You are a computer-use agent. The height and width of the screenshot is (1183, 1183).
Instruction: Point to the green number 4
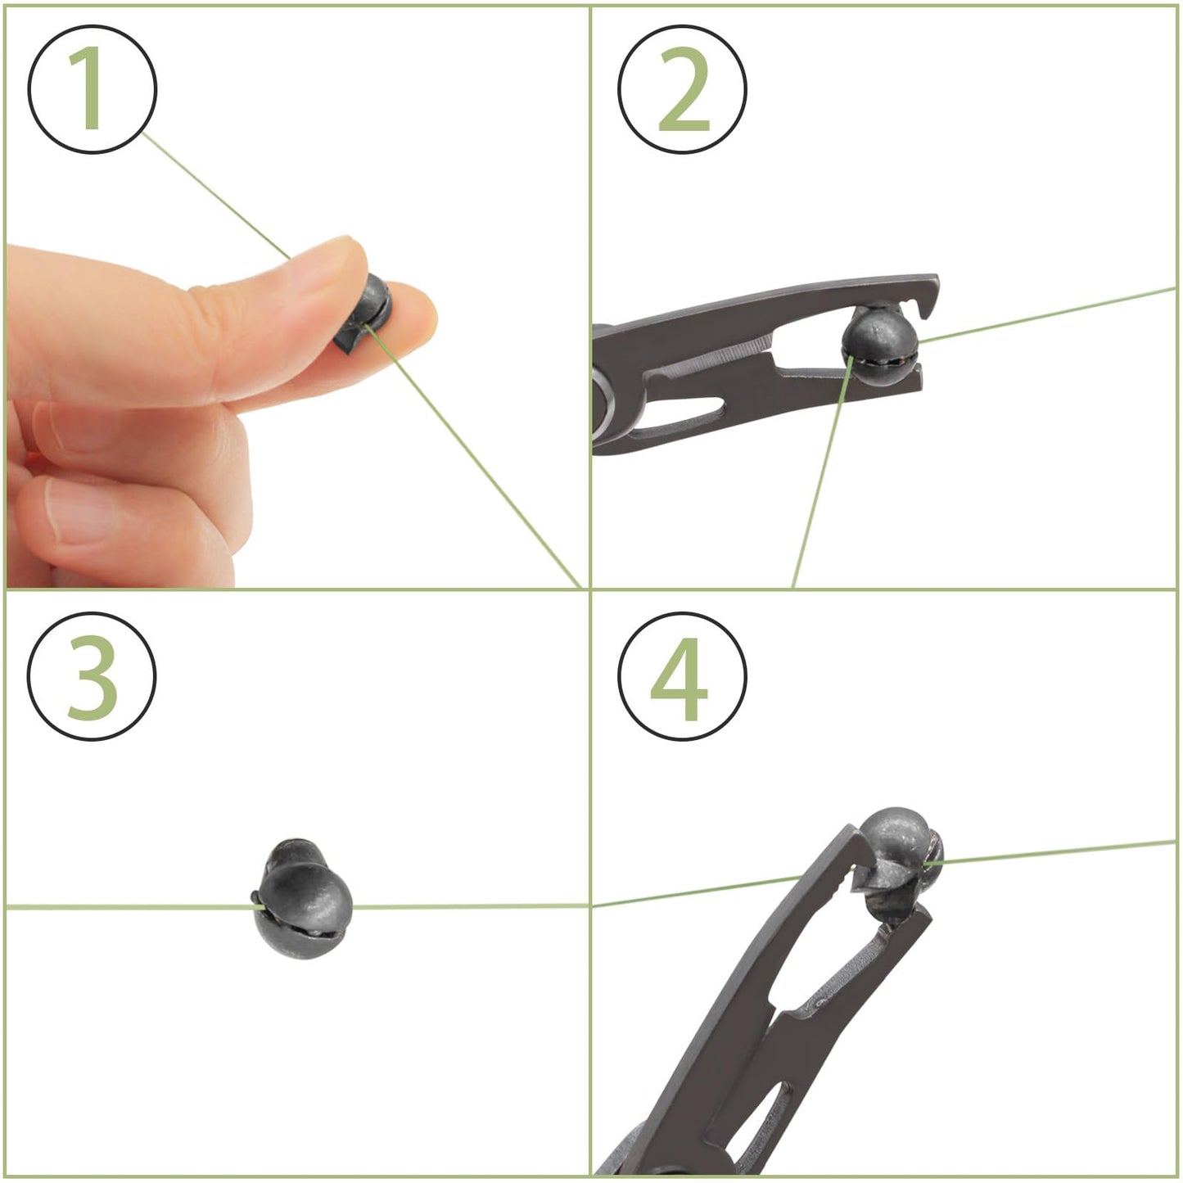(679, 679)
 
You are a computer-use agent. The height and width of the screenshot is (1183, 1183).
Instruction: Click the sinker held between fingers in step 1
(364, 314)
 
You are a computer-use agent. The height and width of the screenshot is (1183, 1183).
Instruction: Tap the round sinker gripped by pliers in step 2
(881, 347)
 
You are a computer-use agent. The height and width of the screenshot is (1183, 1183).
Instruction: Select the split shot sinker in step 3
(303, 897)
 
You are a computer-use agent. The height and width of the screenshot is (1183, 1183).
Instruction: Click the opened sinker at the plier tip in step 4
(900, 865)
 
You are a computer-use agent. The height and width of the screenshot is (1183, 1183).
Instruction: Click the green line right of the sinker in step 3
(470, 906)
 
